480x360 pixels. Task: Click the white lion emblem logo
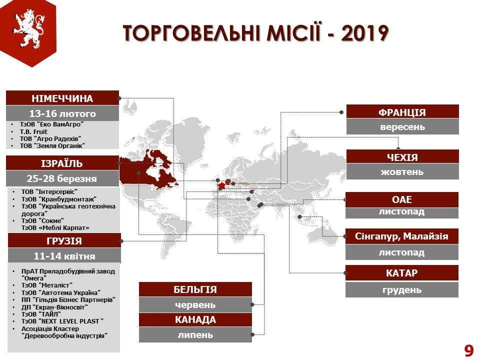coord(28,28)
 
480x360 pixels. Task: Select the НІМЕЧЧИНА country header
coord(62,98)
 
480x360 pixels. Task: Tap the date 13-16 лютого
coord(62,113)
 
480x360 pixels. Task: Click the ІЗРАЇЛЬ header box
coord(62,163)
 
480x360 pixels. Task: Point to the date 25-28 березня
coord(62,178)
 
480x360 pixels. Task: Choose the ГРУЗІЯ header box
coord(64,240)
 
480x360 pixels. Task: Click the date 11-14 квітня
coord(64,255)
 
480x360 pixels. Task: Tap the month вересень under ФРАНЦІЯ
coord(402,126)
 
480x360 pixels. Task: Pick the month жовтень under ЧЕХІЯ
coord(402,171)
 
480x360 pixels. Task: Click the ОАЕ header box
coord(402,199)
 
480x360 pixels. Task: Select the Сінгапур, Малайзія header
coord(402,236)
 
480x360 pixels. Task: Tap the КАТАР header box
coord(402,273)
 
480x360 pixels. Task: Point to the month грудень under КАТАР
coord(402,289)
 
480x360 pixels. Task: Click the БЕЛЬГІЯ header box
coord(195,289)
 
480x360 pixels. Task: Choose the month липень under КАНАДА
coord(195,334)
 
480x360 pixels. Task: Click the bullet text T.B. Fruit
coord(33,131)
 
